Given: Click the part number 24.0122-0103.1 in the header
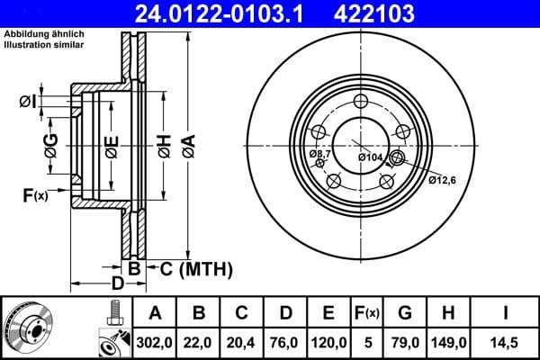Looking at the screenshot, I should tap(208, 13).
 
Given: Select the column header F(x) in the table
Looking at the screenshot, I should tap(367, 313).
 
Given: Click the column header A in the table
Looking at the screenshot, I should tap(155, 313).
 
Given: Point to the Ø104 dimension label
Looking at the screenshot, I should tap(371, 158).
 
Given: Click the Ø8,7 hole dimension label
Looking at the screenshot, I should tap(320, 156).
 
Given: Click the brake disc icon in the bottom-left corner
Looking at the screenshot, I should tap(29, 326).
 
